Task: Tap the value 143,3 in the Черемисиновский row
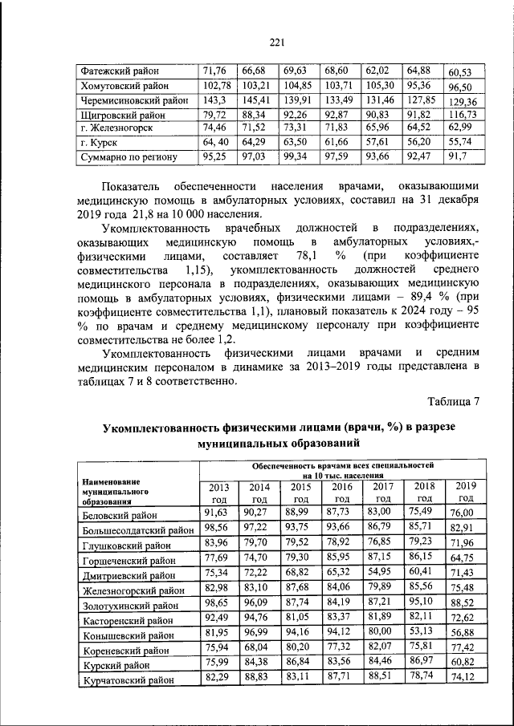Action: (x=214, y=100)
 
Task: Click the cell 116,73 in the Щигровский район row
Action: (x=462, y=115)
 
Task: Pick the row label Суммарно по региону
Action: (x=128, y=157)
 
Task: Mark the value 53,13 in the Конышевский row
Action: (x=422, y=631)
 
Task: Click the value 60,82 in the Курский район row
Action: (x=463, y=665)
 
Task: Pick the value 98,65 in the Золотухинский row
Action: (x=218, y=601)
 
